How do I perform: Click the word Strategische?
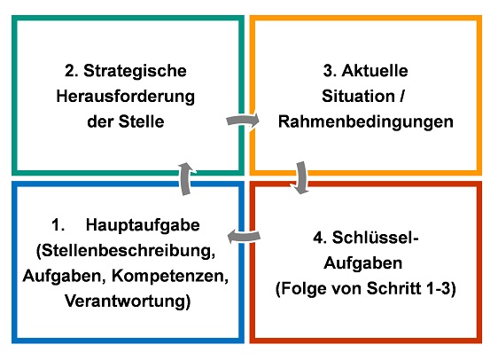click(135, 71)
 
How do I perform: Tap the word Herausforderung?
click(126, 97)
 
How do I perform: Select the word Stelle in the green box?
click(141, 121)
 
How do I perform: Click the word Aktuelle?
click(375, 71)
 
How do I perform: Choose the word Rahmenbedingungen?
click(366, 122)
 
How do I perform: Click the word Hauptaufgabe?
click(143, 226)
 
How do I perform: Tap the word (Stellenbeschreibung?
click(126, 251)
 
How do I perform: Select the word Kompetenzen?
click(170, 276)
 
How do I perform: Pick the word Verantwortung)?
click(128, 301)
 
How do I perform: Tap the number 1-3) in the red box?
click(441, 289)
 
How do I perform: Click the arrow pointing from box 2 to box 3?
click(243, 121)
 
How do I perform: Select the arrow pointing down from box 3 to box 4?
click(301, 177)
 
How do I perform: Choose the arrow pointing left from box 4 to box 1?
click(244, 236)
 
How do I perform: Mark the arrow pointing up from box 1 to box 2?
click(186, 178)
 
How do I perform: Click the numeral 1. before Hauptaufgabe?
click(58, 225)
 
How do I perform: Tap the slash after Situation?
click(401, 96)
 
